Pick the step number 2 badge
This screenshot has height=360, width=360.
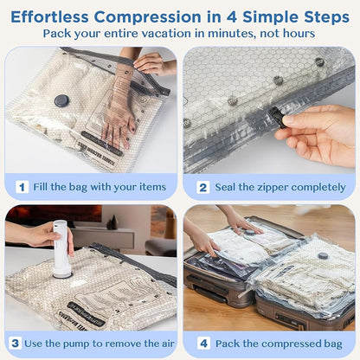click(x=202, y=186)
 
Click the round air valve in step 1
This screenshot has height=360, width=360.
click(x=61, y=100)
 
